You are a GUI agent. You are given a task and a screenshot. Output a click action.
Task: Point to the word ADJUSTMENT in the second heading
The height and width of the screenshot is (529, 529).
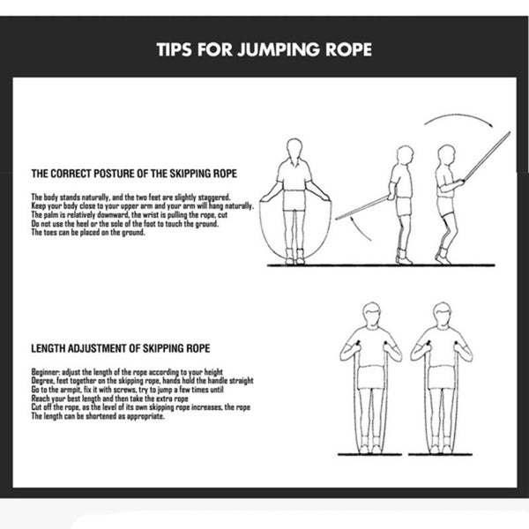click(x=95, y=349)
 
